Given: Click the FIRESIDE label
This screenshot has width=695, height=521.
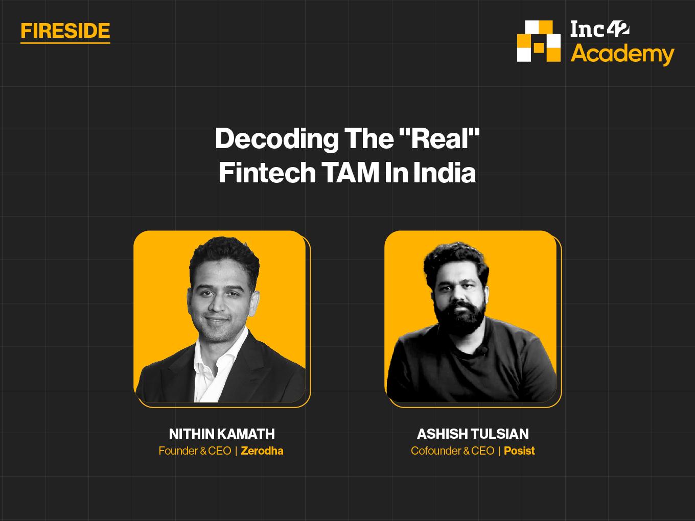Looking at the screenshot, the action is point(65,31).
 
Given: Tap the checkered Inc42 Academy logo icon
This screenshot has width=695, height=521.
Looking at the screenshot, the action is point(539,41).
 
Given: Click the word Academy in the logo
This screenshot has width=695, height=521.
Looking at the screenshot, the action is point(622,55).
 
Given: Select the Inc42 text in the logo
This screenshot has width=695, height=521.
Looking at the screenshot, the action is point(600,29).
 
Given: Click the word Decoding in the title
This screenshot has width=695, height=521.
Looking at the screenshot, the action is point(277,139).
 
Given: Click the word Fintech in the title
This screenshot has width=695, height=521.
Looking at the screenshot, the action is point(267,173).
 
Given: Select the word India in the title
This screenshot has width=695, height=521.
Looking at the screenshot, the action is point(445,173).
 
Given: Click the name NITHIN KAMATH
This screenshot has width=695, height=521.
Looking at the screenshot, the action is point(222,434).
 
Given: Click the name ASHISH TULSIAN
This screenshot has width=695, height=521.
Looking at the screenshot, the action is point(473,434).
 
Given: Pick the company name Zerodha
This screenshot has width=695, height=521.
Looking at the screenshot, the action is point(262,451).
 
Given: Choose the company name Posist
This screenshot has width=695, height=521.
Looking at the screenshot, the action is point(519,451).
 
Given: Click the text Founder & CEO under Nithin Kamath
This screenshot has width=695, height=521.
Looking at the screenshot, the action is point(195,451).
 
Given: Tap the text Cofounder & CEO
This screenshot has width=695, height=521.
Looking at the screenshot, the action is point(452,451).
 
